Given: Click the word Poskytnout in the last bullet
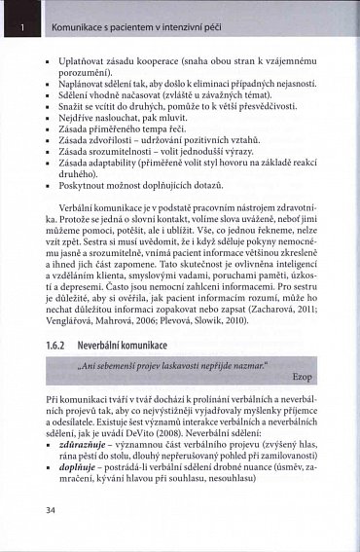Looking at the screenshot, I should pos(86,183).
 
